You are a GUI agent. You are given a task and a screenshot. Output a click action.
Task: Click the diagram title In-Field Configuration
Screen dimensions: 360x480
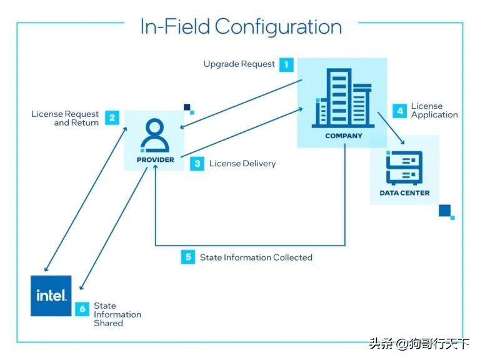pos(241,26)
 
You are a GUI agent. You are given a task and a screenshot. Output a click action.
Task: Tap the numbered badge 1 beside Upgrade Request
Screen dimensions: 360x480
pos(286,64)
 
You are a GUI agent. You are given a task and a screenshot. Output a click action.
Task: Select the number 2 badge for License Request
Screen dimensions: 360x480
pos(112,117)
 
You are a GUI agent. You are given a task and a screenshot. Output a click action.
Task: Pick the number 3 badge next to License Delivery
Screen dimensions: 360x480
pos(197,164)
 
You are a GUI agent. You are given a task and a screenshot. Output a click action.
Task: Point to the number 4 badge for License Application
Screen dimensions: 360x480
pos(400,111)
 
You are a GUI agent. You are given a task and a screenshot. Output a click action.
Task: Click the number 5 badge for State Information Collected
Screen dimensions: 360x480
pos(188,257)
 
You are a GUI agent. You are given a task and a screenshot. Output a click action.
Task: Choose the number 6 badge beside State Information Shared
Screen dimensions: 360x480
pos(82,309)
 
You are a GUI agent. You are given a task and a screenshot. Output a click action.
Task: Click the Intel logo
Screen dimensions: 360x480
pos(51,296)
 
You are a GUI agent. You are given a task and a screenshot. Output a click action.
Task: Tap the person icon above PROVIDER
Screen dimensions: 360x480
pos(154,135)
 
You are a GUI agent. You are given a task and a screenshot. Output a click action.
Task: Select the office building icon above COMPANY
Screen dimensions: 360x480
pos(342,98)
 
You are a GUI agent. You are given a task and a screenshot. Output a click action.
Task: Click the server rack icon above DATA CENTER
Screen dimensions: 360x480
pos(404,167)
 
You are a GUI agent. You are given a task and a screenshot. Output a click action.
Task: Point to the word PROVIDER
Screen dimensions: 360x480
pos(155,160)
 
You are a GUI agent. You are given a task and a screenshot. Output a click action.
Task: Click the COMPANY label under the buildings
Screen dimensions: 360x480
pos(343,136)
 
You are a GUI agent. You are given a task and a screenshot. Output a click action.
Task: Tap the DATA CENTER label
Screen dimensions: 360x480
pos(404,193)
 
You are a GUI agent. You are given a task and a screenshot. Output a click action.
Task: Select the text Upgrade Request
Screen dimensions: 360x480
pos(239,64)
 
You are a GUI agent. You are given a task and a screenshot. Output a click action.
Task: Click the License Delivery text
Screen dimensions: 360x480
pos(242,164)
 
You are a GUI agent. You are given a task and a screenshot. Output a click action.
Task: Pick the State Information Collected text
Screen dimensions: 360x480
pos(256,257)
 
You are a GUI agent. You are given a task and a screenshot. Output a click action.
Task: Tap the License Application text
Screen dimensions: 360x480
pos(434,111)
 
